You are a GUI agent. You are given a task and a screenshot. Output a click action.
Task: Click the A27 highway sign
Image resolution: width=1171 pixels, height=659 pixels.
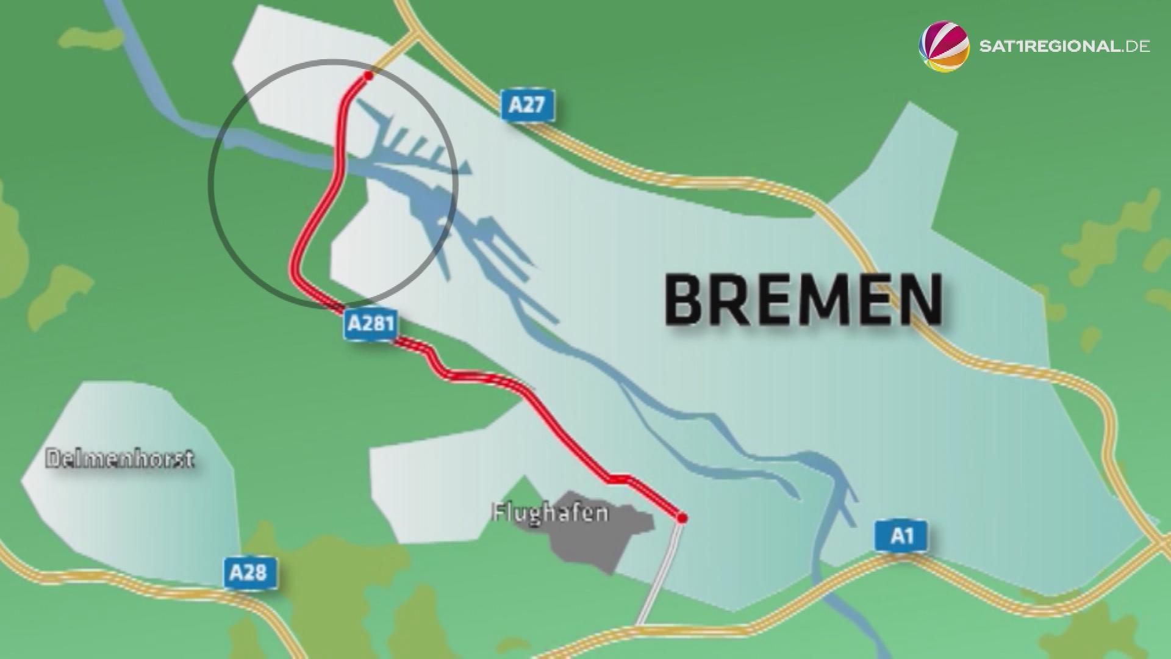tap(526, 105)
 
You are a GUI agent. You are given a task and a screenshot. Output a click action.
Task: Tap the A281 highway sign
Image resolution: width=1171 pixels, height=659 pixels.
tap(370, 323)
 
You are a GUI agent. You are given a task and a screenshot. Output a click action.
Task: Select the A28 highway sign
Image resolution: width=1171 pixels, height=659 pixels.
tap(249, 572)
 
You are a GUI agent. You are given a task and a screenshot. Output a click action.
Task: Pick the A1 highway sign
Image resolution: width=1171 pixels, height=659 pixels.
tap(902, 536)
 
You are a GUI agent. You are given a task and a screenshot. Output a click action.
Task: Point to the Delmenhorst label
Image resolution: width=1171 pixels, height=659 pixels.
tap(120, 459)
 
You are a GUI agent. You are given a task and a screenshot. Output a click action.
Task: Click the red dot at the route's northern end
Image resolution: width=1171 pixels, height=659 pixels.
tap(368, 76)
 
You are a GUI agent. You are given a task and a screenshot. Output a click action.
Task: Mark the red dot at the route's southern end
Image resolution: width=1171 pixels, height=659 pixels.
tap(682, 518)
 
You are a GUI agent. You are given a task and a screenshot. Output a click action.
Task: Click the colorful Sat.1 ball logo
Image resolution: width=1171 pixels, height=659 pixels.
tap(944, 46)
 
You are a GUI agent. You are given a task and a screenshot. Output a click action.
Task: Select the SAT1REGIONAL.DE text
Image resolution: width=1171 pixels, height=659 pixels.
tap(1064, 46)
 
